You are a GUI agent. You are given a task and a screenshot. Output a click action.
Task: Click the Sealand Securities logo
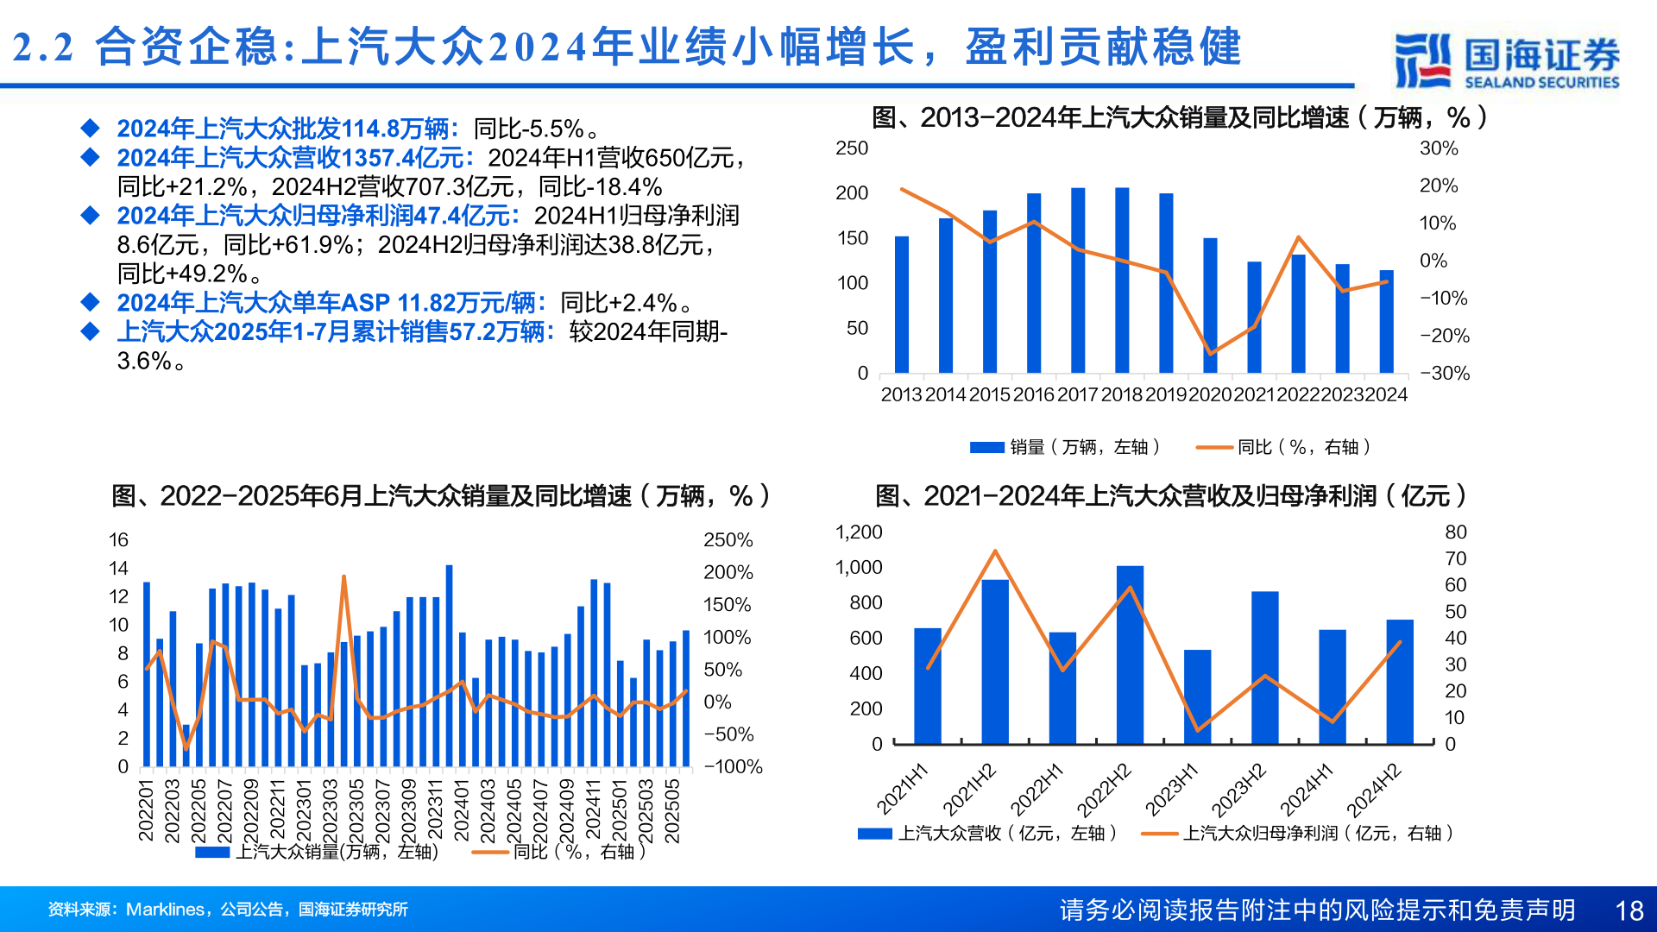[x=1506, y=60]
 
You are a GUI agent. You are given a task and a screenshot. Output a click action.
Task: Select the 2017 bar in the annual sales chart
[x=1078, y=280]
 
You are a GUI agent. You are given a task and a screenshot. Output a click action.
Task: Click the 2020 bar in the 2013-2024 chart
[x=1210, y=305]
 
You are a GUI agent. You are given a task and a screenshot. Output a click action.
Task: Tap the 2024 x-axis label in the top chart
[x=1386, y=395]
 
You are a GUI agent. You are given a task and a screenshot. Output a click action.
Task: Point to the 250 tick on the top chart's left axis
[x=852, y=148]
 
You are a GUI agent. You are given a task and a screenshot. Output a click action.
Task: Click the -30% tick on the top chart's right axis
[x=1445, y=374]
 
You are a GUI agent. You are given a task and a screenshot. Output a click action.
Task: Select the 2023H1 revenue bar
[x=1197, y=696]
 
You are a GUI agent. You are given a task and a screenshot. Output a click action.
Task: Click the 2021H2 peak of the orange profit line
[x=995, y=551]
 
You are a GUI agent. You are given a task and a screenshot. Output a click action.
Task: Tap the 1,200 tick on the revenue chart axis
[x=859, y=532]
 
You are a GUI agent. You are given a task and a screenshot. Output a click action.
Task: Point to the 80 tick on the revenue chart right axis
[x=1456, y=532]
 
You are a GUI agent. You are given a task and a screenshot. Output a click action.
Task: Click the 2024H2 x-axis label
[x=1374, y=790]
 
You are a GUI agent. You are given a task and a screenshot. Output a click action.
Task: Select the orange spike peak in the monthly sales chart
[x=343, y=576]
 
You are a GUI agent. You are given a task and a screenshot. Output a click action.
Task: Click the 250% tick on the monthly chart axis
[x=728, y=540]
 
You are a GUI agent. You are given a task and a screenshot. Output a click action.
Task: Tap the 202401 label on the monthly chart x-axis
[x=461, y=810]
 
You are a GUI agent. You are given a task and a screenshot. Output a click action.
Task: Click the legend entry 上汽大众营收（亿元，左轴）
[x=988, y=834]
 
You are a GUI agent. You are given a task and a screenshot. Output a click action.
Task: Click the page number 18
[x=1629, y=910]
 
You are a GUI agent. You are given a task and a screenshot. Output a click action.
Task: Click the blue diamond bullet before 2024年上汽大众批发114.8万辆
[x=90, y=129]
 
